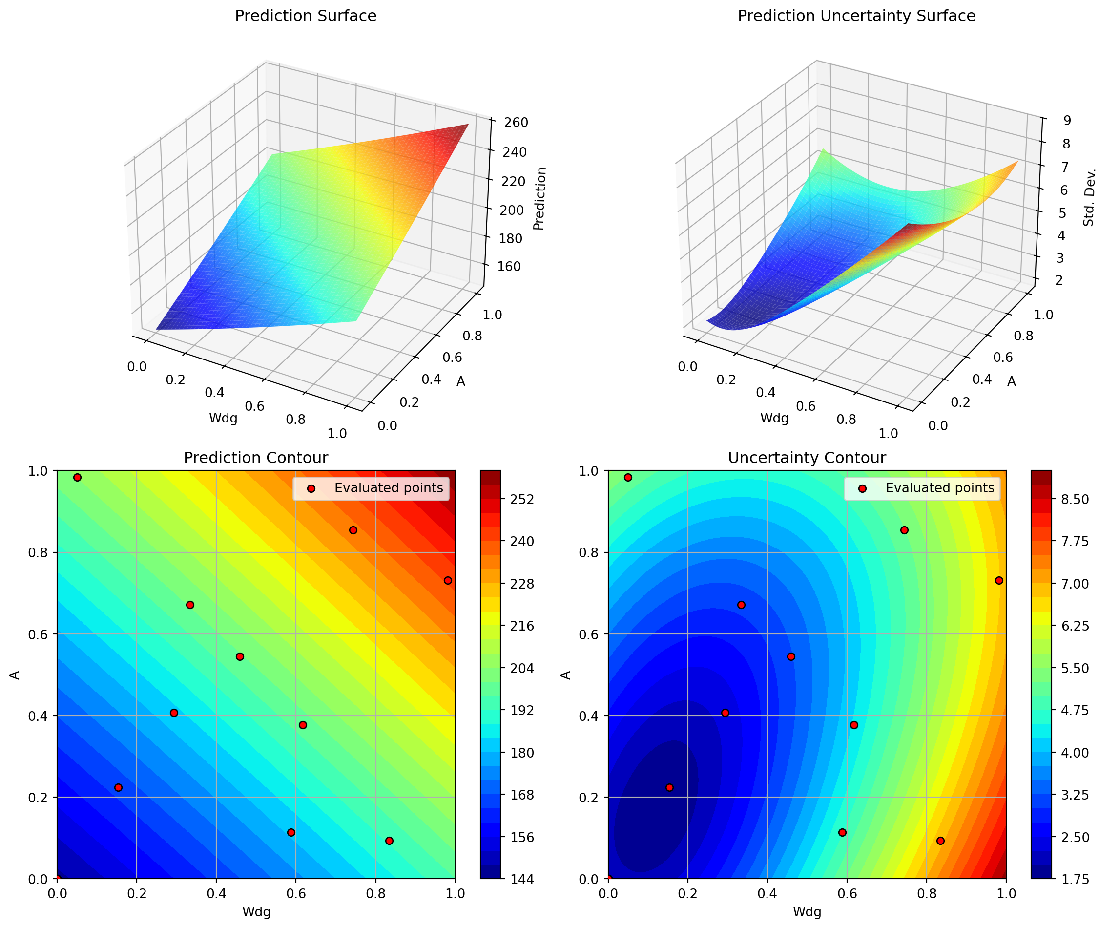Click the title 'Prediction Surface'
305,16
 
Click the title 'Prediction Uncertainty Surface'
856,16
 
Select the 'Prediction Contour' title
255,458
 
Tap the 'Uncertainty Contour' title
807,458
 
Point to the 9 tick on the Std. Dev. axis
1067,121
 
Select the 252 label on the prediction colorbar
522,499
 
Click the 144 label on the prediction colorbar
522,879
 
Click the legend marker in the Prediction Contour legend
311,488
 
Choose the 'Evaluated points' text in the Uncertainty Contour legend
940,488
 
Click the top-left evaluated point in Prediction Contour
77,477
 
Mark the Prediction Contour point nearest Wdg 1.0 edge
448,580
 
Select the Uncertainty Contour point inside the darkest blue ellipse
669,787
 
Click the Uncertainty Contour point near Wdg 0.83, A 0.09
940,841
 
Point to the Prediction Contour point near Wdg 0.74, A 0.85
353,530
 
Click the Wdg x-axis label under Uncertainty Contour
807,912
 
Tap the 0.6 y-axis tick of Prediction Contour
41,634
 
